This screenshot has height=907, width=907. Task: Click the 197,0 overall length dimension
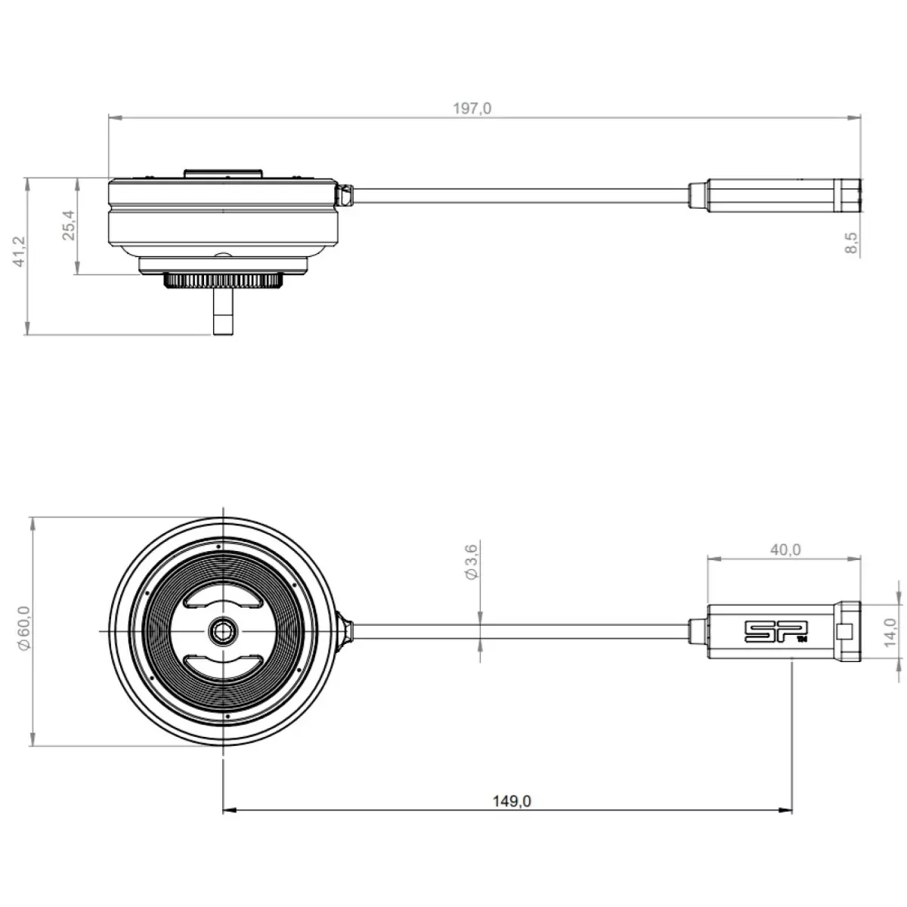coord(472,109)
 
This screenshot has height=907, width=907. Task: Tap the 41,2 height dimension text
coord(20,252)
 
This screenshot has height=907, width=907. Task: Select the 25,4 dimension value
coord(69,225)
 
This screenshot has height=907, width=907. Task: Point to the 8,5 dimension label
coord(851,243)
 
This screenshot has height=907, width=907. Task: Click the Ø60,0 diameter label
coord(24,628)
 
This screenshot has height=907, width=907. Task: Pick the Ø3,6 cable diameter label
coord(471,562)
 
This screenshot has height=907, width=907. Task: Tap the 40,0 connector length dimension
coord(785,549)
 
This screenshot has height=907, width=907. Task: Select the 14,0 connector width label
coord(890,632)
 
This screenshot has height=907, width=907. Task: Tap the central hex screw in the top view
coord(223,630)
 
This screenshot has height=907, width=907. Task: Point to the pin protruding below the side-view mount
coord(223,311)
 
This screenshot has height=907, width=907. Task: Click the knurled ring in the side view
coord(223,280)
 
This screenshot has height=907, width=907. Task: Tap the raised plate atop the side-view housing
coord(223,174)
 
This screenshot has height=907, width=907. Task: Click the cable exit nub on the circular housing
coord(345,630)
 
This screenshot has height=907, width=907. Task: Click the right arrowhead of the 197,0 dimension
coord(854,118)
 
